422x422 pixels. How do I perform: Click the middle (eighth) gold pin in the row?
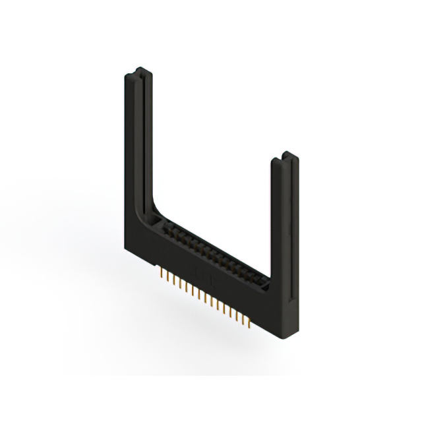[205, 296]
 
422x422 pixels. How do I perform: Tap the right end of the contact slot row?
[267, 284]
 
